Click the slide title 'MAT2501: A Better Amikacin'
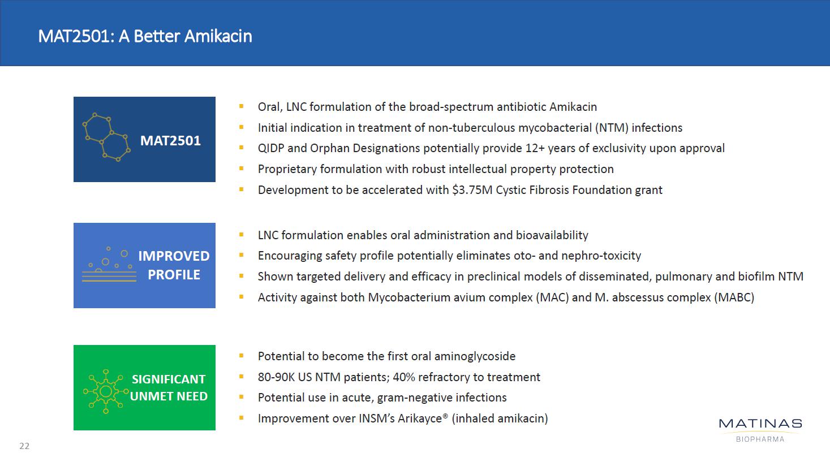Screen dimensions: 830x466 [x=145, y=36]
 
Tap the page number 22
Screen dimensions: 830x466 [x=24, y=446]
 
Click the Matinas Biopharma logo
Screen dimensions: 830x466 [x=760, y=430]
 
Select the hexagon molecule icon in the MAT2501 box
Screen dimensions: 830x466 [x=106, y=137]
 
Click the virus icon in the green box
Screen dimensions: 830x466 [x=106, y=391]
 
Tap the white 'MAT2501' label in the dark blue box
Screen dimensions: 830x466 [x=170, y=141]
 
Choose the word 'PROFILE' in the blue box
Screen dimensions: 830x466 [x=174, y=275]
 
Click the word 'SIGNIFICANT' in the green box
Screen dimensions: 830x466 [x=169, y=379]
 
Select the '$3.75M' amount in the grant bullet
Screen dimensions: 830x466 [x=472, y=190]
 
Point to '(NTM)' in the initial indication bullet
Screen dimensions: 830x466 [x=612, y=128]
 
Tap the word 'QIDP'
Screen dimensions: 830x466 [x=271, y=148]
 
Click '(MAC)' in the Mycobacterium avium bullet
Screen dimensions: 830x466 [x=552, y=297]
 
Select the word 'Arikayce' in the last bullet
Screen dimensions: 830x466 [x=420, y=418]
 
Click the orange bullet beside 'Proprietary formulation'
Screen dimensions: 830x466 [x=241, y=169]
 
